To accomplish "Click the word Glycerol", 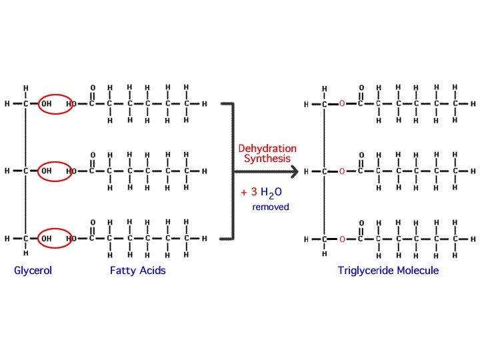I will click(x=33, y=271).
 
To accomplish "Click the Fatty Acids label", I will click(x=138, y=271).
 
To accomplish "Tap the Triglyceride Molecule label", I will click(x=388, y=271).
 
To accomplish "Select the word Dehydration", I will click(x=267, y=149).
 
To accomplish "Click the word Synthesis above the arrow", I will click(x=267, y=158).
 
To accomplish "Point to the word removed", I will click(x=271, y=207).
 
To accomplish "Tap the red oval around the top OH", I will click(x=55, y=104).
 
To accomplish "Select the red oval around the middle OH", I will click(x=55, y=171).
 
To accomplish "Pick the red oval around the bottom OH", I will click(x=55, y=238).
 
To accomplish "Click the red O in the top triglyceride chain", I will click(x=342, y=105).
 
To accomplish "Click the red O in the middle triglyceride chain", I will click(x=342, y=171).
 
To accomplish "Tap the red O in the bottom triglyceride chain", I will click(x=342, y=239).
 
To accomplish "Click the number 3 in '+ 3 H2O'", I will click(x=254, y=193).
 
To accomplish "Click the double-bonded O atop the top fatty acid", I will click(x=92, y=87).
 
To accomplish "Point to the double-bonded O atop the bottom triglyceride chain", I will click(x=361, y=223).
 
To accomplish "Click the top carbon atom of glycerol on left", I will click(x=25, y=104).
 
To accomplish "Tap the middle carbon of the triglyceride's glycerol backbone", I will click(x=324, y=171).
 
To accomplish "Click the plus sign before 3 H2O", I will click(x=244, y=193).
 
